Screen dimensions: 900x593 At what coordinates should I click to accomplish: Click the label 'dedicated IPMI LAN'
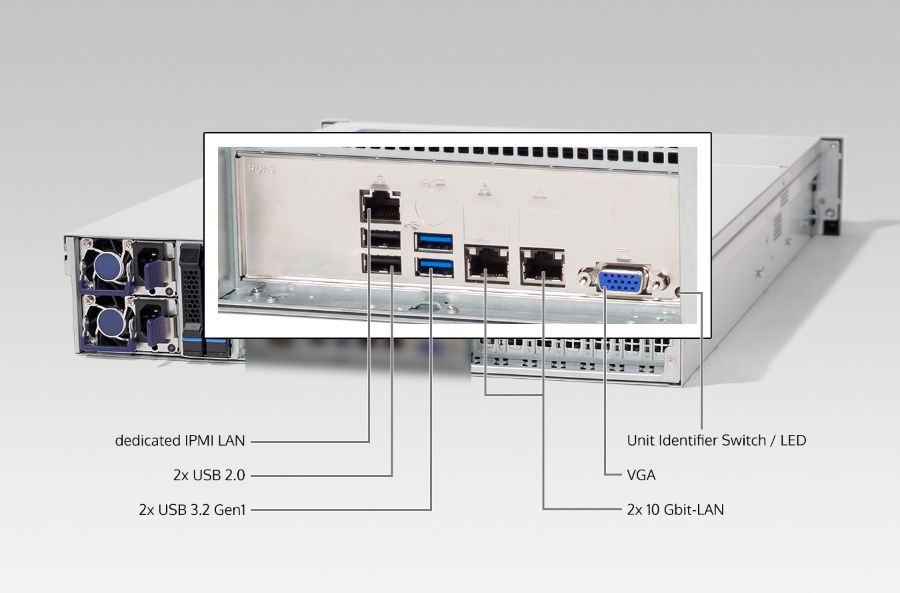pyautogui.click(x=180, y=441)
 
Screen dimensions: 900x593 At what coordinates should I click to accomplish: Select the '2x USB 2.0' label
pyautogui.click(x=209, y=475)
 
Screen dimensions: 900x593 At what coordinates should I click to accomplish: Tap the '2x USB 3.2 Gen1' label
pyautogui.click(x=192, y=510)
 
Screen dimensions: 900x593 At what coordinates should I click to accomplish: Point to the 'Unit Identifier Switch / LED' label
pyautogui.click(x=717, y=441)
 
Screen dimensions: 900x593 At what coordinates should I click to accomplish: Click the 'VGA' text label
pyautogui.click(x=641, y=475)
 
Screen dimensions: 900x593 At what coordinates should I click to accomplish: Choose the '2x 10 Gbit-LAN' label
pyautogui.click(x=675, y=510)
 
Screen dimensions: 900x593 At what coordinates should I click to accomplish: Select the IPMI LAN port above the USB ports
pyautogui.click(x=380, y=207)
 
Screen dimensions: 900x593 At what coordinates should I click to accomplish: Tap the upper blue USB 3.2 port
pyautogui.click(x=433, y=242)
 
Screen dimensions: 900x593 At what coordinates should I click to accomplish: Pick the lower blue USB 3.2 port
pyautogui.click(x=434, y=267)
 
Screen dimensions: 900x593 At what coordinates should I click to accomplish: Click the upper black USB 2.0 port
pyautogui.click(x=381, y=239)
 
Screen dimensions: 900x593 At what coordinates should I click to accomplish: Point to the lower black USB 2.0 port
pyautogui.click(x=381, y=263)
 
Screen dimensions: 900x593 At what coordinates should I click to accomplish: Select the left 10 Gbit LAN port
pyautogui.click(x=487, y=263)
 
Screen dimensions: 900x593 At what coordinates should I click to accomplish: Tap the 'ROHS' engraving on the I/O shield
pyautogui.click(x=263, y=169)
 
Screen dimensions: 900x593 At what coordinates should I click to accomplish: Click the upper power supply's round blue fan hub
pyautogui.click(x=107, y=265)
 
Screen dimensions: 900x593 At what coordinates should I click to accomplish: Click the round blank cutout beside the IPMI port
pyautogui.click(x=433, y=208)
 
